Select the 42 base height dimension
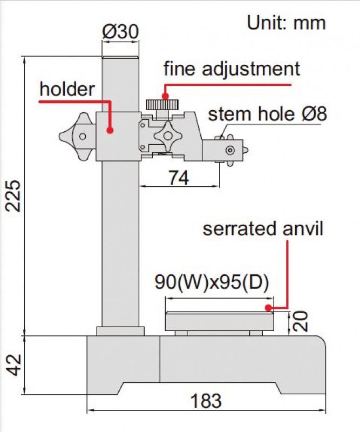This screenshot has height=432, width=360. (x=16, y=364)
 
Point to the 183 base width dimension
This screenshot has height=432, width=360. (x=206, y=401)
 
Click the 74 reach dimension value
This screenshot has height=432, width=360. (x=178, y=177)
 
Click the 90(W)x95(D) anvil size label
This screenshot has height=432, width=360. (x=212, y=283)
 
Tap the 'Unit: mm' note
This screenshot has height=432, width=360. (x=286, y=23)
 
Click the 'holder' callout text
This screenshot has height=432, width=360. (x=67, y=89)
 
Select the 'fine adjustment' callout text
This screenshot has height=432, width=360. (x=231, y=69)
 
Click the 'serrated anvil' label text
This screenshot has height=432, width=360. (x=263, y=228)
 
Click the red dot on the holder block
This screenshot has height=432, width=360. (x=110, y=130)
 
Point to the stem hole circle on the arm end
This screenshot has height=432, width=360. (x=230, y=150)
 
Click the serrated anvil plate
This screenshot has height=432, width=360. (x=219, y=321)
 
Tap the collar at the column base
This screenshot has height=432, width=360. (x=120, y=330)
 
